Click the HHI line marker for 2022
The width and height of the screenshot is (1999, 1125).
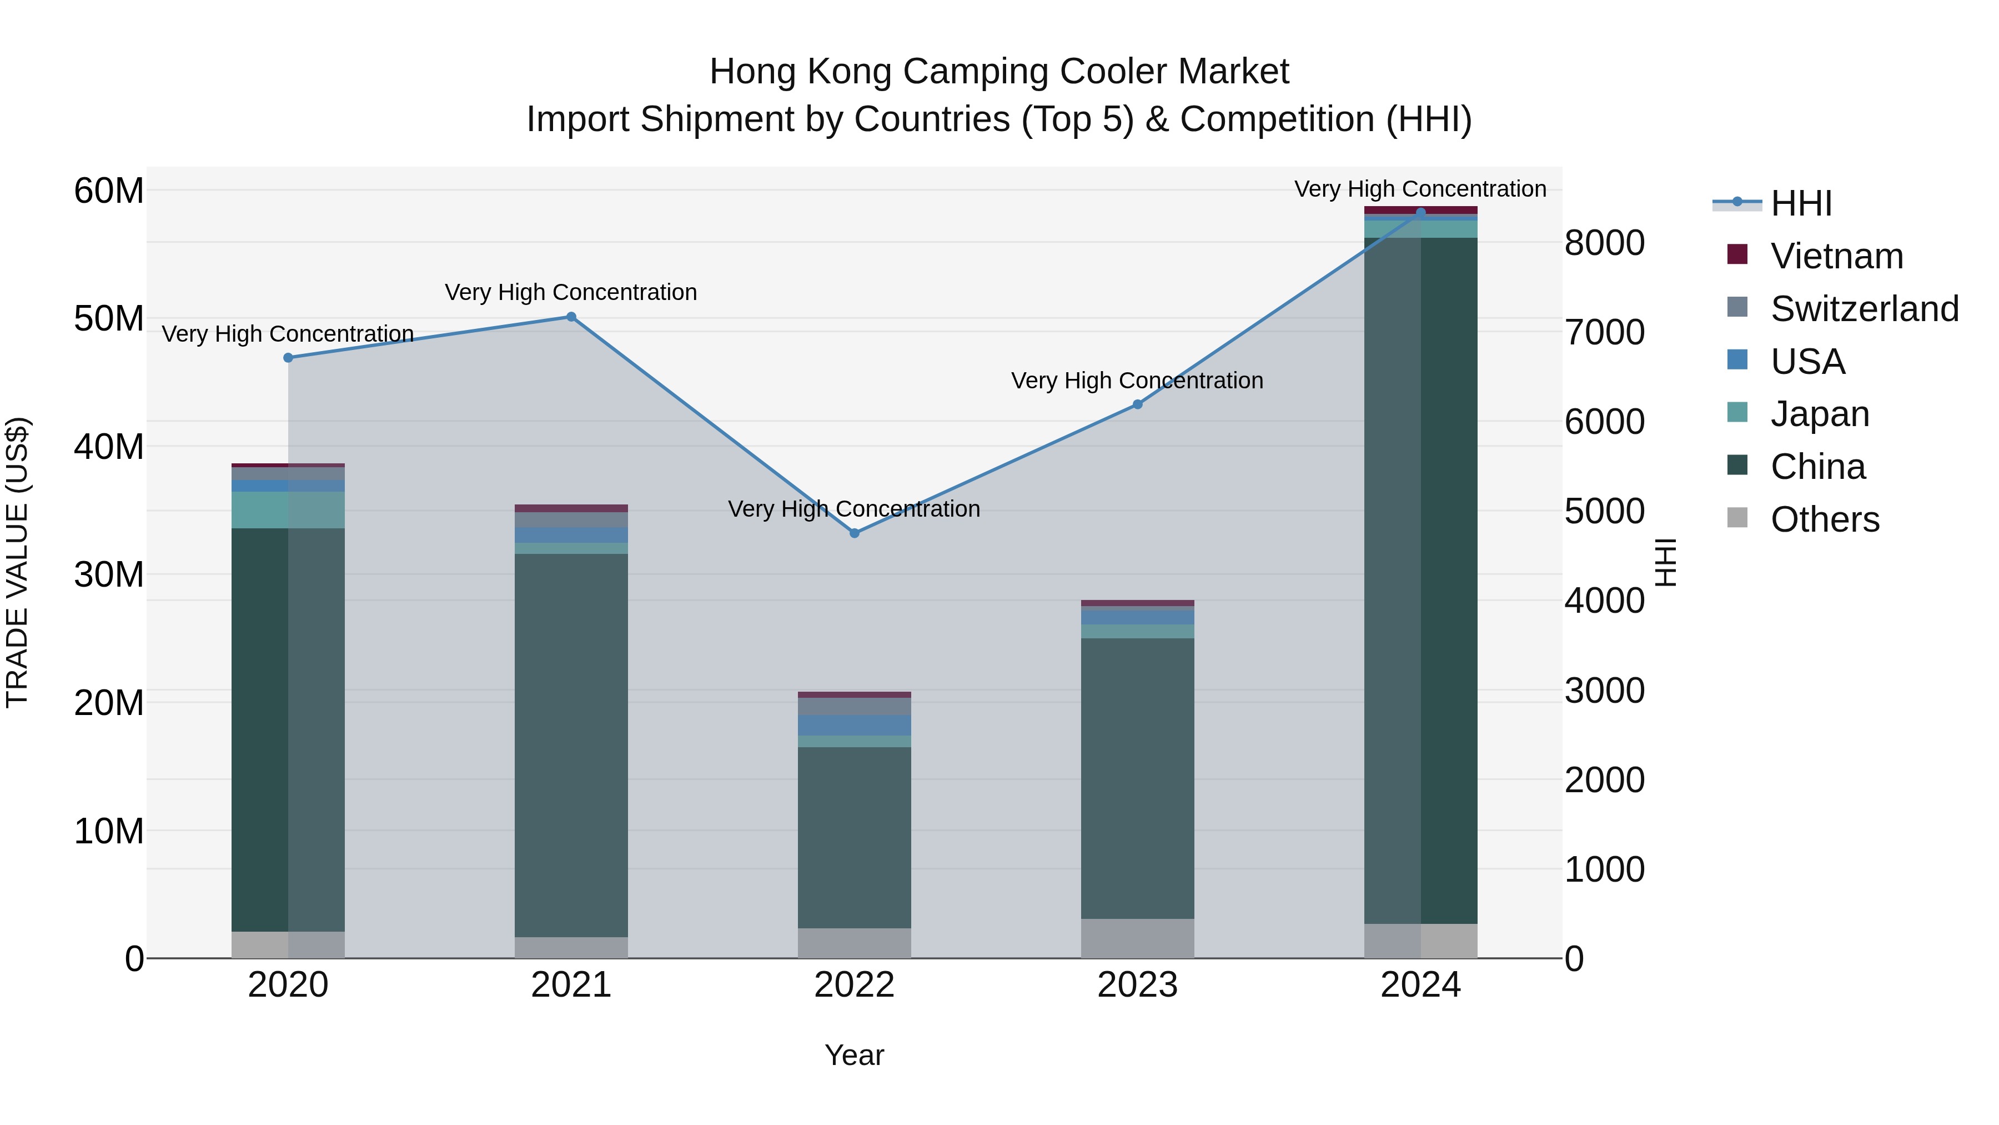(x=855, y=533)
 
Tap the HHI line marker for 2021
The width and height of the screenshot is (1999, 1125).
(x=571, y=317)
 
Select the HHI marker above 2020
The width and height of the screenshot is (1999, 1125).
(x=288, y=358)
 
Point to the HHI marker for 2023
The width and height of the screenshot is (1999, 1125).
(x=1138, y=404)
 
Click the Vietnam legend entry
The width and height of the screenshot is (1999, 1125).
(x=1836, y=256)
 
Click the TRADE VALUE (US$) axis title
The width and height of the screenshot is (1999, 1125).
(x=18, y=562)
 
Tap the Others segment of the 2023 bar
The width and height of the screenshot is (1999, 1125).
(x=1138, y=939)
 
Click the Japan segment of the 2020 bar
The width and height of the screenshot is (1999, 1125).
(x=288, y=510)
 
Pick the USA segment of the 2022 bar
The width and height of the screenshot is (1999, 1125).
(x=855, y=725)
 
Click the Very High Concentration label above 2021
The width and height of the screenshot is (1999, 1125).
(x=571, y=293)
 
